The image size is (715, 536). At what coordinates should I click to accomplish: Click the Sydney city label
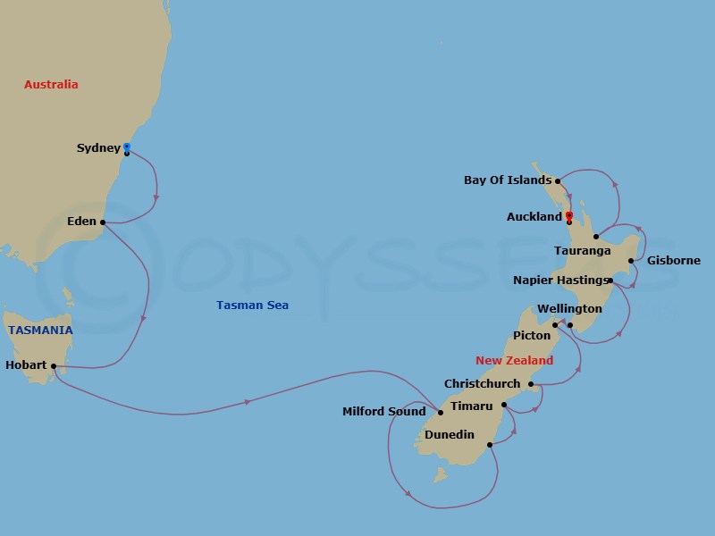pos(98,148)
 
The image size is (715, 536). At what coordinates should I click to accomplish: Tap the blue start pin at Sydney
pos(127,147)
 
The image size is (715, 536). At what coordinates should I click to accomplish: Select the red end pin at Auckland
pos(568,215)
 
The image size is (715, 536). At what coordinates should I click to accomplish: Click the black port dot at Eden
pos(103,222)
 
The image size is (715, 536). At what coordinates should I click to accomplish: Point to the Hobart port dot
pos(54,365)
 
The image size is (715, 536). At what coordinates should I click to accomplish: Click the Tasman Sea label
pos(252,306)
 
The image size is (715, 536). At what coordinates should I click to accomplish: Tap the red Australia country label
pos(51,85)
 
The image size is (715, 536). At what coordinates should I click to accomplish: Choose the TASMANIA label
pos(41,330)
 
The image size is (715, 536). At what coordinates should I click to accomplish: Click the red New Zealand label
pos(514,361)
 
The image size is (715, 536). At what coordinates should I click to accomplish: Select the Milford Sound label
pos(383,412)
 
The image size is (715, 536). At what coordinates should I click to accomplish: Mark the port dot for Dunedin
pos(489,444)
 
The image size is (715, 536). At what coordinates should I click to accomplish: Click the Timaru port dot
pos(504,406)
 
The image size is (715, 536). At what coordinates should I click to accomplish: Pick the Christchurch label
pos(482,384)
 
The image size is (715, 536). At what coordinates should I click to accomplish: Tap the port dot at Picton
pos(555,325)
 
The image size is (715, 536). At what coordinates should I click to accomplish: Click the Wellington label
pos(569,309)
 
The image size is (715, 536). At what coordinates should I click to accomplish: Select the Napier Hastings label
pos(559,281)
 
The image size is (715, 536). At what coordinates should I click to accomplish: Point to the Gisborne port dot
pos(631,261)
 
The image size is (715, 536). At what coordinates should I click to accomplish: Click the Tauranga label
pos(582,251)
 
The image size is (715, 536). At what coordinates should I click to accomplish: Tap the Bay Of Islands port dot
pos(558,180)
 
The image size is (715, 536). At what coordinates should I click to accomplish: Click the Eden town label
pos(81,222)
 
